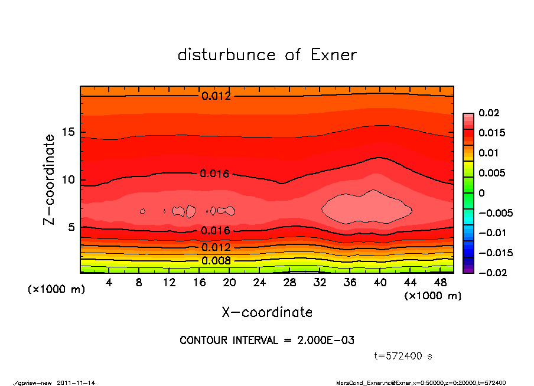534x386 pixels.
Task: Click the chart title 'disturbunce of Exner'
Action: tap(267, 55)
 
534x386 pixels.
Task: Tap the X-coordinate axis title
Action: tap(267, 312)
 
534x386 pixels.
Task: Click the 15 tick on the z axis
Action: tap(71, 133)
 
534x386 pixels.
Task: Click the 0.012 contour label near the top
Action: tap(216, 96)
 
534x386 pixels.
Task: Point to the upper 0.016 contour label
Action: tap(214, 174)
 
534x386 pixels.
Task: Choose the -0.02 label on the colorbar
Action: tap(490, 273)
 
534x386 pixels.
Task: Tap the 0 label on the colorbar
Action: tap(481, 193)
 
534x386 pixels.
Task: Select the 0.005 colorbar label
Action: tap(490, 173)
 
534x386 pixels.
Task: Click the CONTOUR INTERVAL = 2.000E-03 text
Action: tap(267, 341)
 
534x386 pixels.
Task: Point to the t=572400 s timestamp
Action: tap(403, 356)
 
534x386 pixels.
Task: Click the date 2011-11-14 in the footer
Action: tap(76, 382)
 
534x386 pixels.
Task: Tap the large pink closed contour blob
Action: tap(366, 208)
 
